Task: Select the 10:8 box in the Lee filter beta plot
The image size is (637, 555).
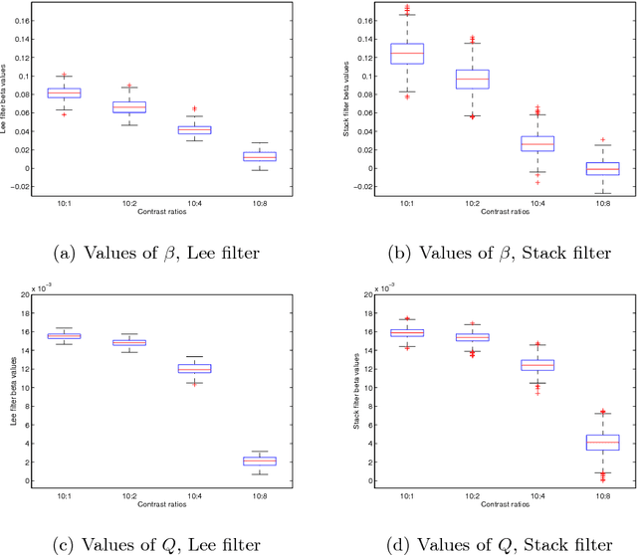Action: tap(260, 156)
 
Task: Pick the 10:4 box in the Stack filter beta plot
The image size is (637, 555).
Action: tap(509, 143)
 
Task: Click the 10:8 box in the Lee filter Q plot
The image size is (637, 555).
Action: tap(260, 461)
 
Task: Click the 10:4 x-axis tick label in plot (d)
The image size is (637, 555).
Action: tap(509, 495)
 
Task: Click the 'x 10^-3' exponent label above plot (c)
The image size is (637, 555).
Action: tap(46, 288)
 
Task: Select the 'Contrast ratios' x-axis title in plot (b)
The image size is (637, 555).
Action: tap(476, 211)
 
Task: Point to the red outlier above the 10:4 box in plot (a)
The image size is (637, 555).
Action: tap(195, 108)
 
